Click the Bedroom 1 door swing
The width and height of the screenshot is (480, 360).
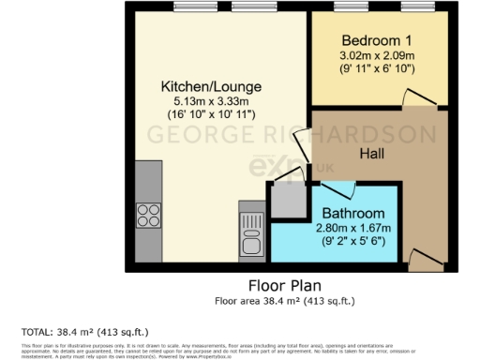412,98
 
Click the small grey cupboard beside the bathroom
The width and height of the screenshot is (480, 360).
287,198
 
